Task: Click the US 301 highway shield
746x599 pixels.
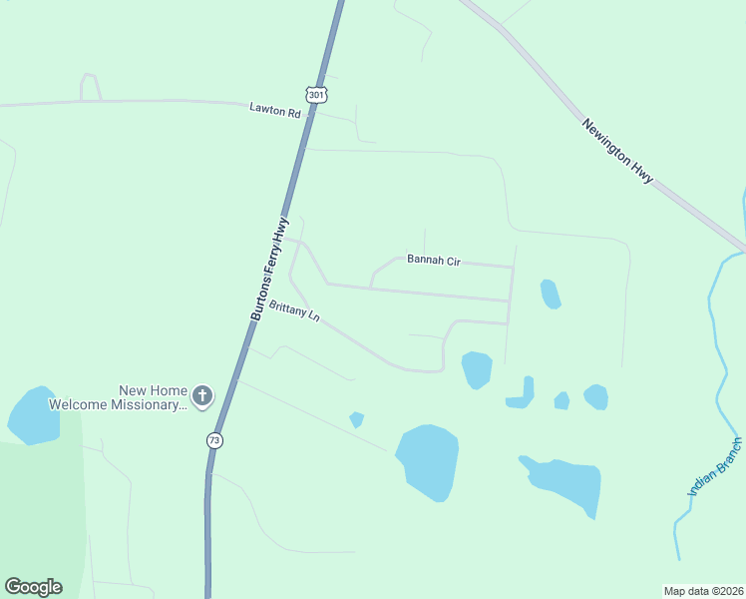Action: pos(316,95)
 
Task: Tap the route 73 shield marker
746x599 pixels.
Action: pos(213,439)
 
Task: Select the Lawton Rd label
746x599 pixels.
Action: pos(275,113)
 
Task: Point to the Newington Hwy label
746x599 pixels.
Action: pos(618,151)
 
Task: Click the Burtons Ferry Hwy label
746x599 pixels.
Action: pos(269,268)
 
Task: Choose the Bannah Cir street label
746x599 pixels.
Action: pos(433,260)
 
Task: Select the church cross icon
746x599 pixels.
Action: pos(201,396)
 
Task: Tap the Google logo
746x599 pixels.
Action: pos(33,587)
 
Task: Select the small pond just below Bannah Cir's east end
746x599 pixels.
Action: pos(550,294)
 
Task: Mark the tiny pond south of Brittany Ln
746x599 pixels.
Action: pos(356,419)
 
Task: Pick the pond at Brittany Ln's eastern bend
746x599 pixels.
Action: pos(477,368)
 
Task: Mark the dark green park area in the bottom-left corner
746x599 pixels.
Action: pos(40,519)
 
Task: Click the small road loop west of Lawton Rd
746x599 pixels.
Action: pos(90,87)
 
